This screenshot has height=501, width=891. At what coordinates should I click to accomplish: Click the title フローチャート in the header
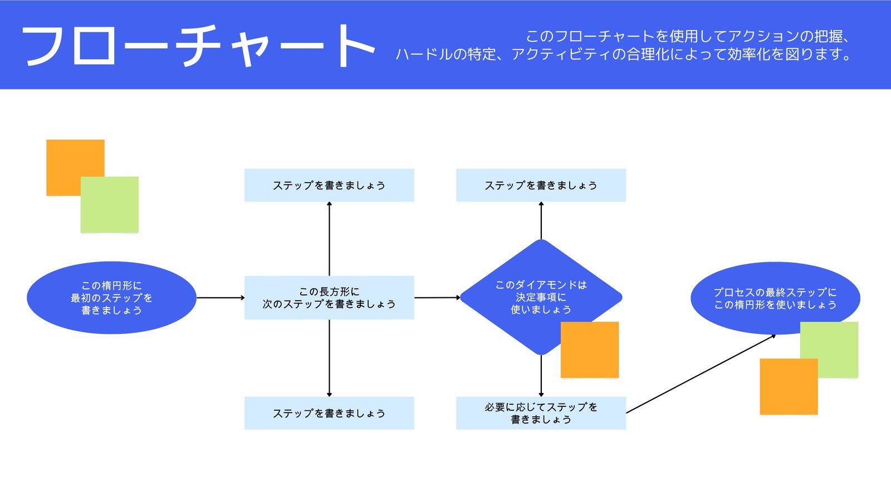point(198,46)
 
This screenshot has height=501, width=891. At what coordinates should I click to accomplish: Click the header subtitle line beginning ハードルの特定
point(624,55)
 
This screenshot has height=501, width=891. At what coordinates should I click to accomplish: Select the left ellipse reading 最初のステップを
point(111,298)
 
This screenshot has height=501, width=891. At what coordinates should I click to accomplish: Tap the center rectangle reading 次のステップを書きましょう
point(329,298)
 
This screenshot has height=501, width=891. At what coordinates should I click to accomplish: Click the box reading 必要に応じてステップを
point(541,413)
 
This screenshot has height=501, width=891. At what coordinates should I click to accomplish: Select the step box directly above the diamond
point(541,185)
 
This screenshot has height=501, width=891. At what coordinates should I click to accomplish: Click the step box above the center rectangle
point(329,185)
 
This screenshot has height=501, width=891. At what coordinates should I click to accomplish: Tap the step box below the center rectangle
point(329,413)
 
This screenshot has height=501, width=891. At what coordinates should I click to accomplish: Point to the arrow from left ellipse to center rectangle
point(221,298)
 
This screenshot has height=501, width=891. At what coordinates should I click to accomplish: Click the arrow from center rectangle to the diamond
point(437,298)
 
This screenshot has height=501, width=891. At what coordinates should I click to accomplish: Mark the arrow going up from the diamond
point(541,221)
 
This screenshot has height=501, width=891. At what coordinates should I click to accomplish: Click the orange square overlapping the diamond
point(590,350)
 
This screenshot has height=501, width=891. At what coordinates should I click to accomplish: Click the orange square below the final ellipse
point(788,387)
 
